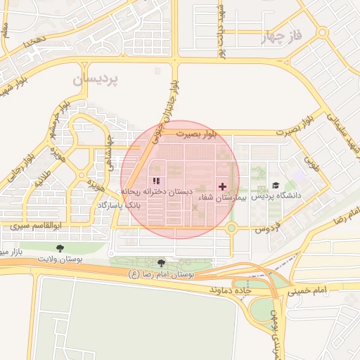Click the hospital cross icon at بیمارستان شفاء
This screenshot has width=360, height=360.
tap(223, 186)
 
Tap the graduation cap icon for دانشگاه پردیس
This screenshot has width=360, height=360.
tap(276, 186)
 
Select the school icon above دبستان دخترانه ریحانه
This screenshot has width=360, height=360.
tap(155, 181)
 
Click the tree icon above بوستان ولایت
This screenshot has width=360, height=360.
tap(60, 247)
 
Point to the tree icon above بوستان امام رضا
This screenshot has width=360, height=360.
tap(162, 262)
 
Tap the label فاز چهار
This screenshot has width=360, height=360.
tap(285, 37)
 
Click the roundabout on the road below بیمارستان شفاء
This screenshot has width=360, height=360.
tap(231, 228)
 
